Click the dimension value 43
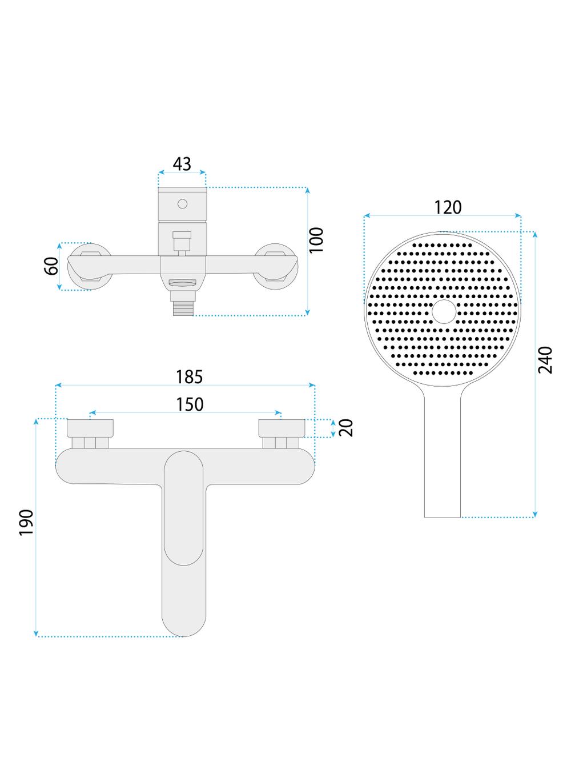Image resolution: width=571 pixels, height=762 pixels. click(182, 164)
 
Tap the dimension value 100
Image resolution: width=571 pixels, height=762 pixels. click(316, 240)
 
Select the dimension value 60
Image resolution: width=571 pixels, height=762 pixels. click(52, 266)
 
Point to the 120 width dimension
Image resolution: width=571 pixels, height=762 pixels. click(448, 207)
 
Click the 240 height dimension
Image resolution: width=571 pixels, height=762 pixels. click(545, 360)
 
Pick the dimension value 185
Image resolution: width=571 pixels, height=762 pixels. click(189, 377)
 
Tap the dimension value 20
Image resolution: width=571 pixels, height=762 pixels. click(346, 428)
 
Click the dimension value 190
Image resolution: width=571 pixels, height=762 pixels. click(26, 523)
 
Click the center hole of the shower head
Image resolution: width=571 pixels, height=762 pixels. click(444, 311)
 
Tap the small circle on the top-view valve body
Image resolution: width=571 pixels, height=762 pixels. click(183, 204)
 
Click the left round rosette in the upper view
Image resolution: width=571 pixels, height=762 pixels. click(90, 266)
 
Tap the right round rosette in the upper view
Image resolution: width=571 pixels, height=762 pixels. click(276, 266)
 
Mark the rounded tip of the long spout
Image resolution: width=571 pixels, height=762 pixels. click(184, 625)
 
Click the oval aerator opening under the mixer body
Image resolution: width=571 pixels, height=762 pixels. click(183, 283)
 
